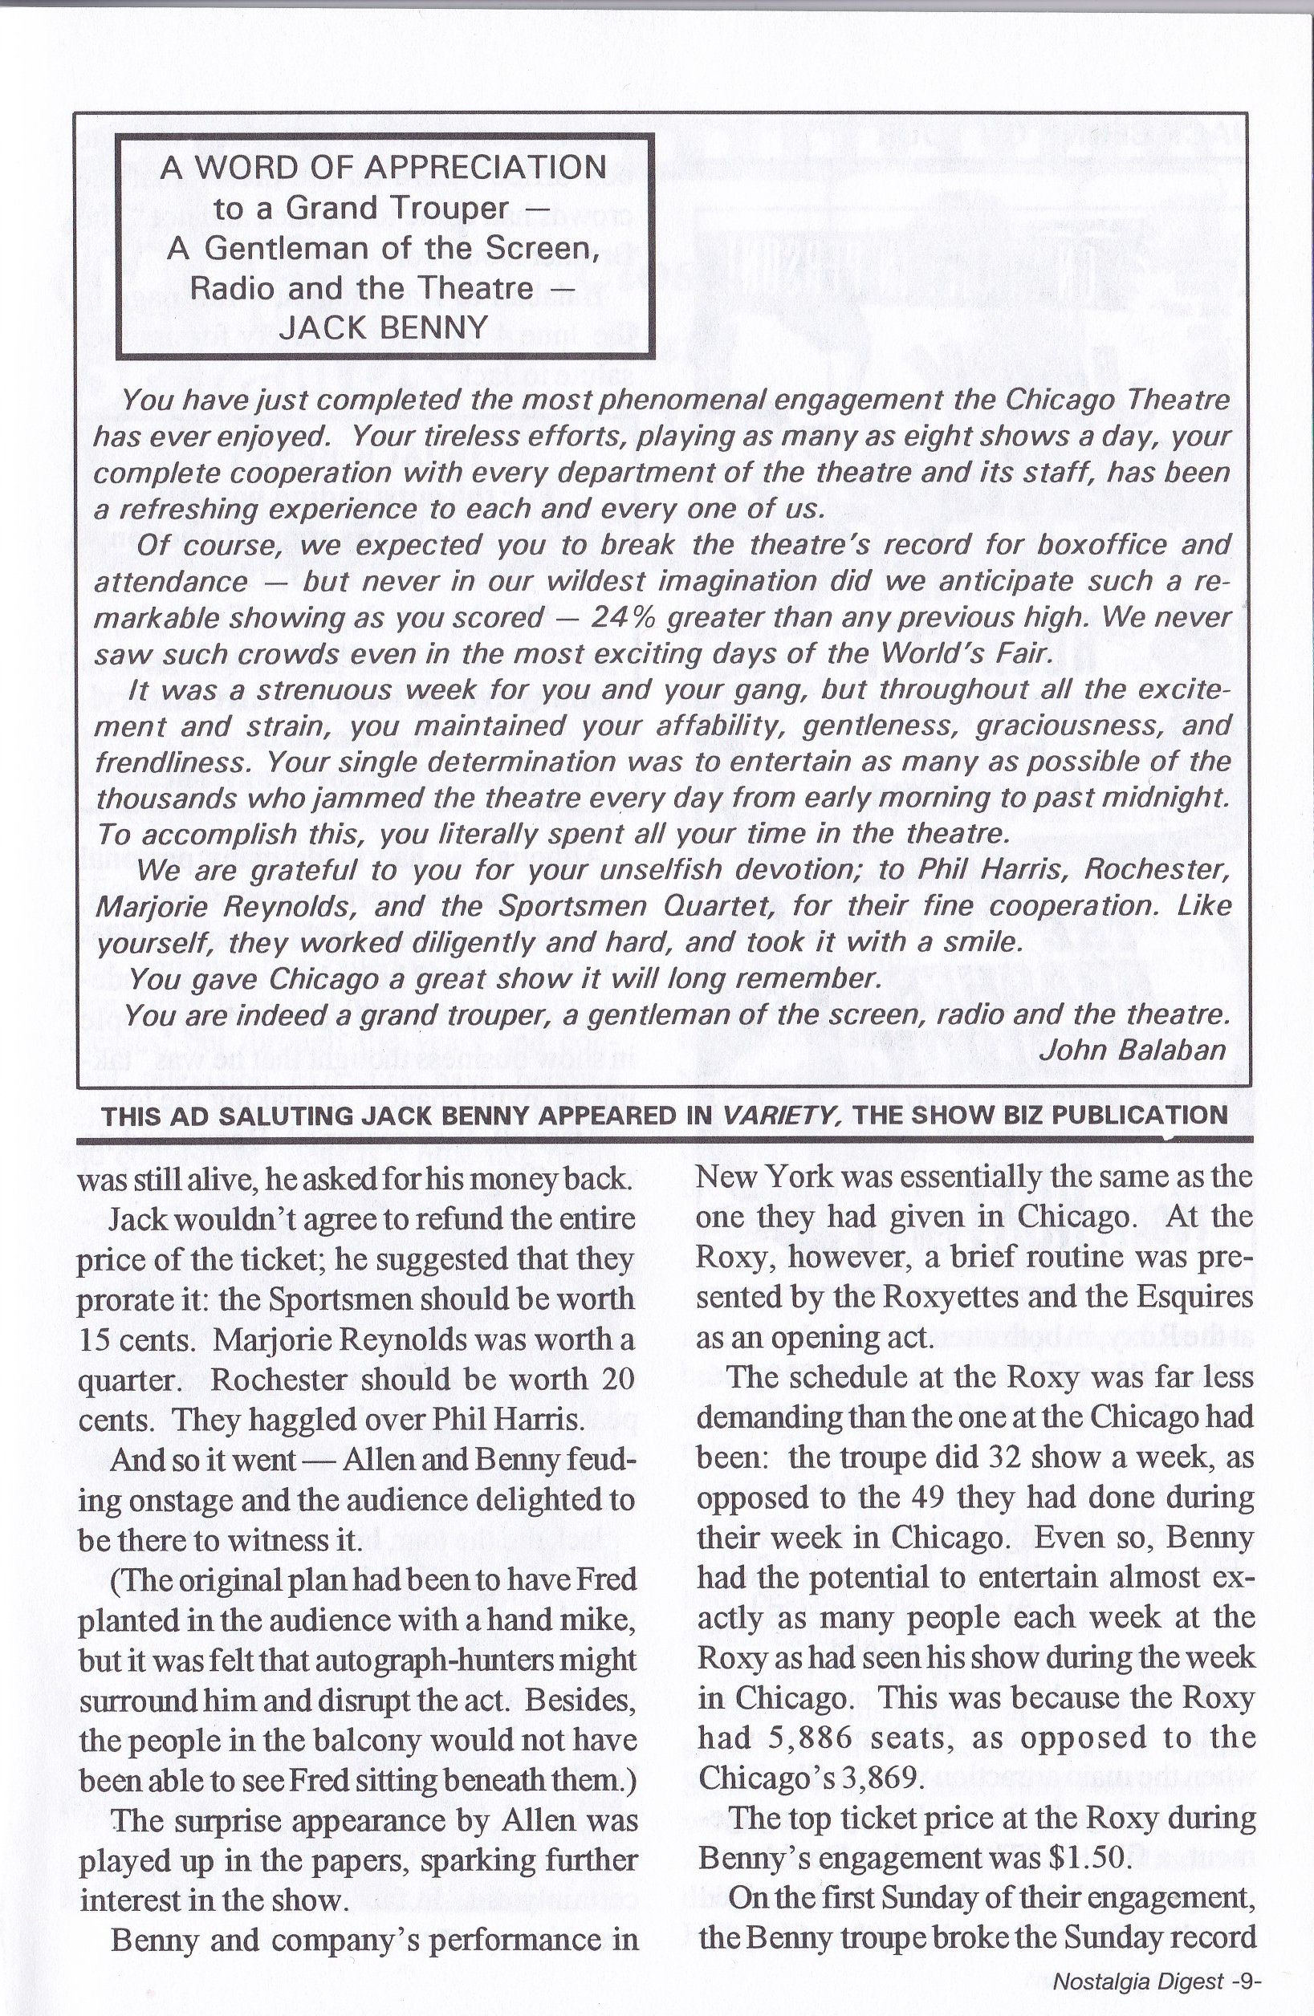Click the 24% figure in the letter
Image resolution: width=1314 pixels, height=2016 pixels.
pyautogui.click(x=622, y=618)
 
